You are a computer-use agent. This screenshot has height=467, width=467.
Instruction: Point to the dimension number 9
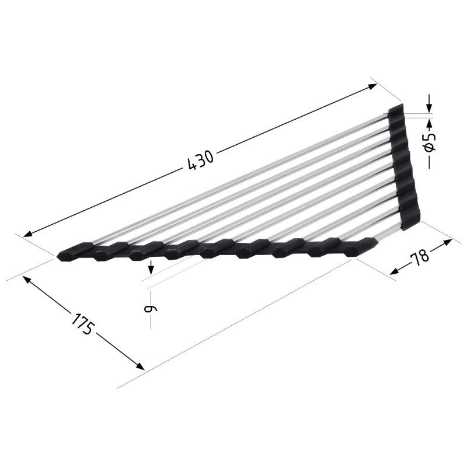(149, 309)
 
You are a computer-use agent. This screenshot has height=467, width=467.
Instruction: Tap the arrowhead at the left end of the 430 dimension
(28, 233)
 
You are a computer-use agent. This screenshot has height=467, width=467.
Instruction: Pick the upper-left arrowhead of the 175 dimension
(27, 280)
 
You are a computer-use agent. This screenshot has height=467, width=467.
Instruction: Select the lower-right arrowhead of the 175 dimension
(140, 366)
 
